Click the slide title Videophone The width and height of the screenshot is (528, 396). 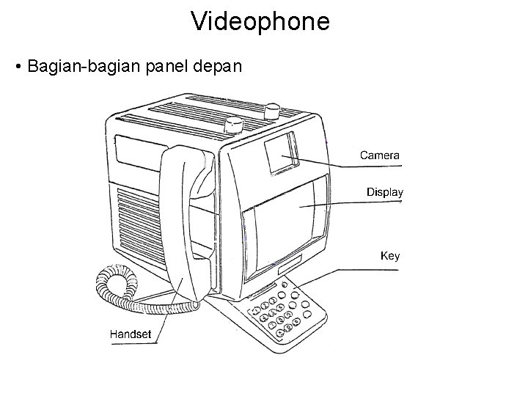[x=260, y=21]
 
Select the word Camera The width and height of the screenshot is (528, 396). [x=379, y=155]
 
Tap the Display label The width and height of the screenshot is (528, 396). [x=385, y=192]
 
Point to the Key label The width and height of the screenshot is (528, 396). [x=390, y=256]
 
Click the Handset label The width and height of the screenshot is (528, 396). [x=131, y=334]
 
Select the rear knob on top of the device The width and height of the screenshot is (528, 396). [x=272, y=111]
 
